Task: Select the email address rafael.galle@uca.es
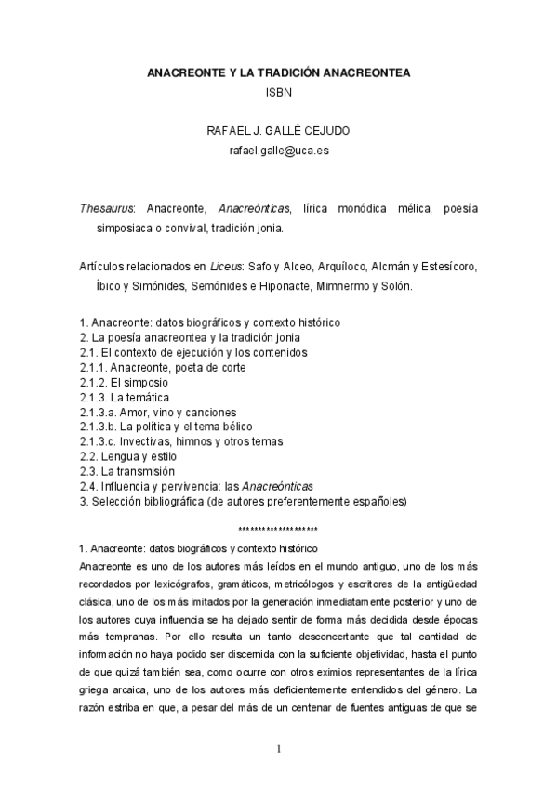(x=278, y=150)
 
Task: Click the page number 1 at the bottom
(x=278, y=749)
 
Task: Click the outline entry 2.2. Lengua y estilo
(x=127, y=456)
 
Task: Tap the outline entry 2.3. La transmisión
(x=126, y=471)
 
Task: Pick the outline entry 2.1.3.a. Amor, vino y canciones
(x=157, y=412)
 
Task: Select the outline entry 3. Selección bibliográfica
(x=243, y=501)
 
